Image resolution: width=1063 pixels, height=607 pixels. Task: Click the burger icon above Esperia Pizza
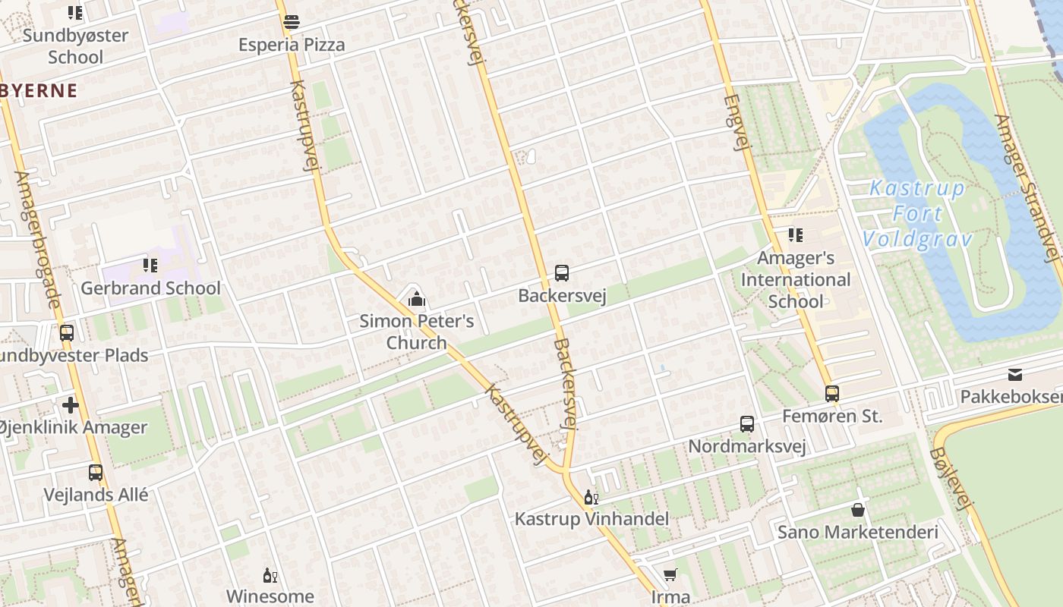click(x=292, y=23)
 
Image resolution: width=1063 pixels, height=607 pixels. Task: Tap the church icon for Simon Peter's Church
click(x=416, y=300)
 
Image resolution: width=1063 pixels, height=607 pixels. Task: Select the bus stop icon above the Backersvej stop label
click(x=562, y=273)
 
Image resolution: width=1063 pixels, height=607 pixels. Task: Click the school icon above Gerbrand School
click(x=150, y=266)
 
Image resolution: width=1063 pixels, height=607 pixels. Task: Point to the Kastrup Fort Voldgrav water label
click(x=917, y=214)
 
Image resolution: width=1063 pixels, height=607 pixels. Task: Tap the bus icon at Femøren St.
click(x=832, y=394)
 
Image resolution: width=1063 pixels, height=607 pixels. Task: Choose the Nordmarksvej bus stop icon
click(x=747, y=424)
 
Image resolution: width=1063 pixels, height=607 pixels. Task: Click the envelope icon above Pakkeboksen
click(x=1015, y=374)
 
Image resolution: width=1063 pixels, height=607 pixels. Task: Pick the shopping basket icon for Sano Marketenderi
click(x=858, y=510)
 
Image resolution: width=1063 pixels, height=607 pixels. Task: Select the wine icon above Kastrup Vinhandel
click(x=591, y=498)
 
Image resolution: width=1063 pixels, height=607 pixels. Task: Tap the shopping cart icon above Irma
click(x=670, y=575)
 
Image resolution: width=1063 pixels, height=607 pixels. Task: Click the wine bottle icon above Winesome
click(x=269, y=575)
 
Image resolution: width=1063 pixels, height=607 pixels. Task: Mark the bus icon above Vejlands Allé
click(x=96, y=473)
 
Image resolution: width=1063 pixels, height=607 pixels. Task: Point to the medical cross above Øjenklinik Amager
click(x=71, y=405)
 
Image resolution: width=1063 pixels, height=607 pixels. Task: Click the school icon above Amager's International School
click(x=795, y=235)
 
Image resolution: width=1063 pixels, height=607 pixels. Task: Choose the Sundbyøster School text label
click(x=75, y=46)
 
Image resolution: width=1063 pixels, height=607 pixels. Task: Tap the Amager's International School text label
click(x=796, y=279)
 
